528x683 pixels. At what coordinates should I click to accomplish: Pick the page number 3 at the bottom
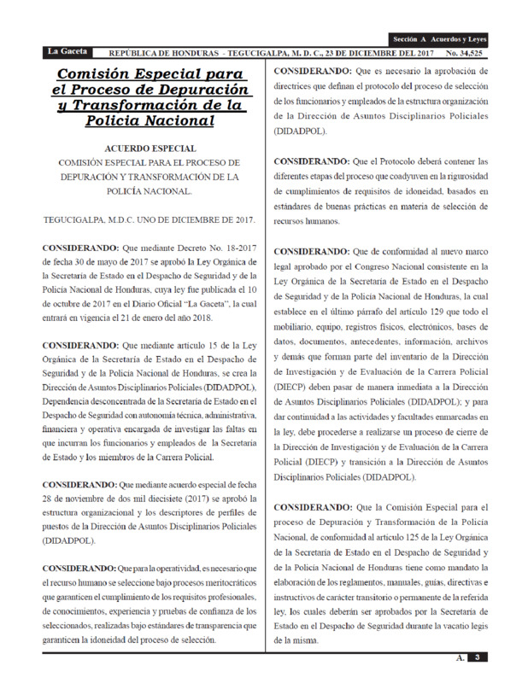479,657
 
